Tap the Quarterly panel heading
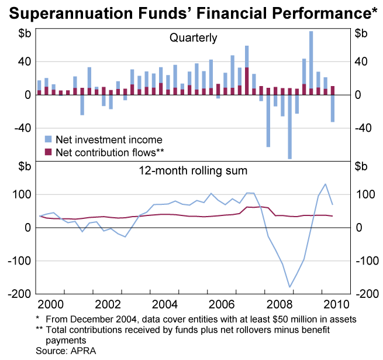[193, 38]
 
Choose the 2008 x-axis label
[279, 304]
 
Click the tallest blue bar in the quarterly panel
[310, 59]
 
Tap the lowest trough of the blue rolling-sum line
[289, 287]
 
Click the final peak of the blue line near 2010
[325, 184]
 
